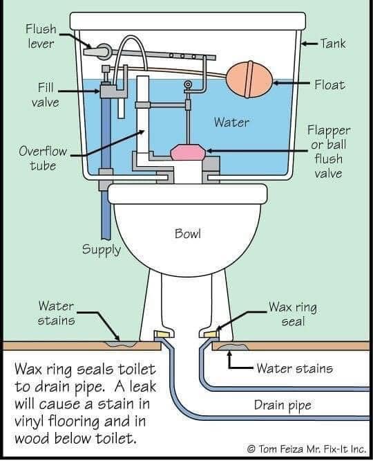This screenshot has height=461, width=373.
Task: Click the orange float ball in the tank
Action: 250,79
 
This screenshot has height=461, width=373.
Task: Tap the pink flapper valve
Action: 187,152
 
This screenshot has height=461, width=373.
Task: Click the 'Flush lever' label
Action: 41,36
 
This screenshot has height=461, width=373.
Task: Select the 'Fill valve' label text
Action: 46,95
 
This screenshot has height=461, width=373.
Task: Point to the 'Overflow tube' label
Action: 43,159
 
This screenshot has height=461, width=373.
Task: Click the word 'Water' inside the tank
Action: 231,122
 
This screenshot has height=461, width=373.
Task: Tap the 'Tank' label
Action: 333,44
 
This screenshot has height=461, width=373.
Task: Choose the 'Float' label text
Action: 330,85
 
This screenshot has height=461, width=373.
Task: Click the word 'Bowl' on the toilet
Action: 188,234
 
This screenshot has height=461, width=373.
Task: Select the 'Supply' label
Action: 102,250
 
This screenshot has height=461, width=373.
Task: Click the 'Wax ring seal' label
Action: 293,314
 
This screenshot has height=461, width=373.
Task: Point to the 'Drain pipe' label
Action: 283,406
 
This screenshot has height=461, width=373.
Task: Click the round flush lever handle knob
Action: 104,51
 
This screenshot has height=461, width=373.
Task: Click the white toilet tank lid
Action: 188,21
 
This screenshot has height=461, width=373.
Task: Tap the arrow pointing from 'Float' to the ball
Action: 291,83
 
